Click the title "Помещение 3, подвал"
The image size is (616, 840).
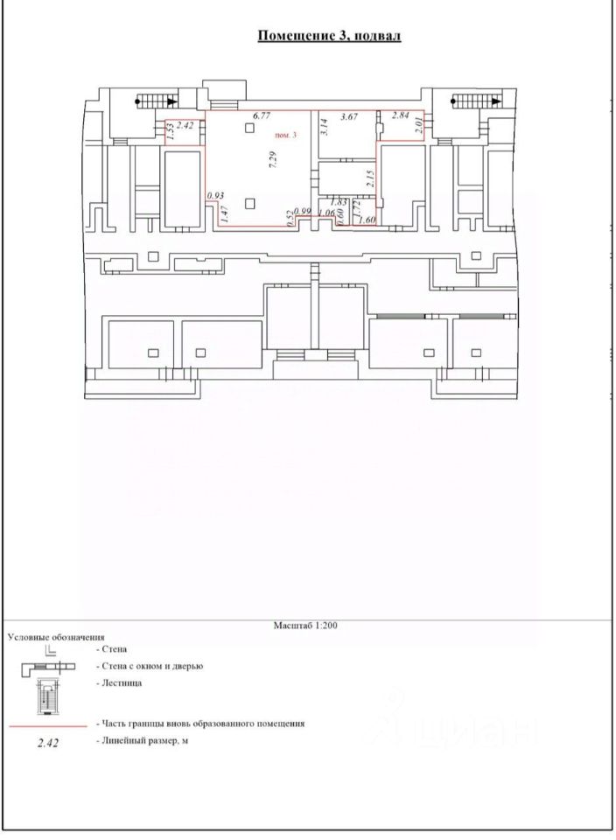pyautogui.click(x=329, y=36)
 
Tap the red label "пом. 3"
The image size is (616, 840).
pyautogui.click(x=285, y=135)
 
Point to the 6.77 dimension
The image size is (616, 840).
pyautogui.click(x=262, y=115)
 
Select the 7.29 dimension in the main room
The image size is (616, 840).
pyautogui.click(x=273, y=159)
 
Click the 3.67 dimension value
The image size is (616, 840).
pyautogui.click(x=349, y=116)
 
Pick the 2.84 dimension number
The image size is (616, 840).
pyautogui.click(x=401, y=115)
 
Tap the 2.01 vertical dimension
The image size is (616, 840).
pyautogui.click(x=419, y=125)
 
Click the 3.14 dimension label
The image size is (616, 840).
pyautogui.click(x=324, y=126)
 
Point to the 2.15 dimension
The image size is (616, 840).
pyautogui.click(x=368, y=178)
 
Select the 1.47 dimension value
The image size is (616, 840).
pyautogui.click(x=225, y=214)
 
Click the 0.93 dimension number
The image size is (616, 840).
pyautogui.click(x=215, y=196)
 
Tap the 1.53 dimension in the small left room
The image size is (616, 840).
pyautogui.click(x=171, y=131)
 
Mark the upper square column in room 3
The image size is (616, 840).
pyautogui.click(x=249, y=128)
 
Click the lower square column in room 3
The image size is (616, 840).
pyautogui.click(x=249, y=203)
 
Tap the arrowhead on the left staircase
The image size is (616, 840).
pyautogui.click(x=172, y=101)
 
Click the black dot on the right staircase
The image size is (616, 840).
pyautogui.click(x=454, y=100)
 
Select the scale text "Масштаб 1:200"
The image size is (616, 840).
pyautogui.click(x=305, y=625)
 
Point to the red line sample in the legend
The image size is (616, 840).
pyautogui.click(x=48, y=726)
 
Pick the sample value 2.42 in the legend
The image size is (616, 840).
pyautogui.click(x=47, y=743)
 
